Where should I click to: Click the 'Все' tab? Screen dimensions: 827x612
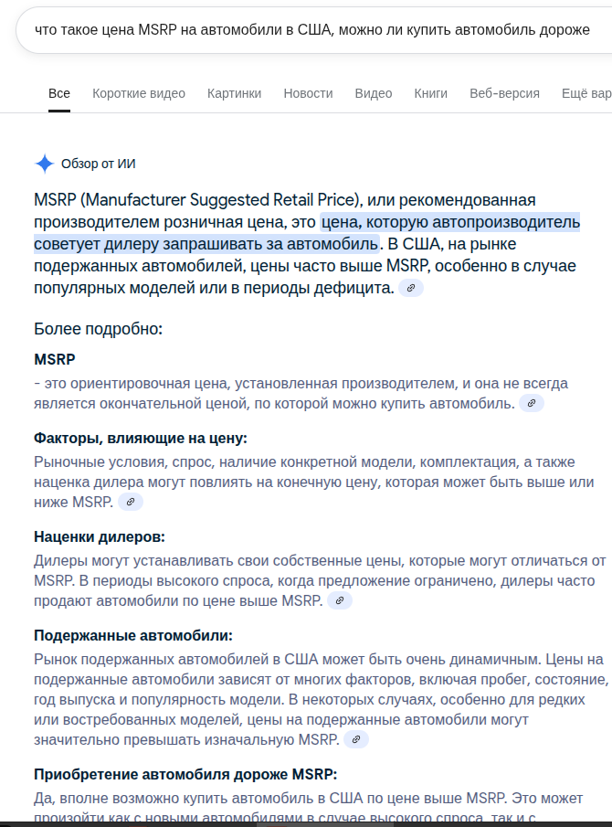[x=59, y=93]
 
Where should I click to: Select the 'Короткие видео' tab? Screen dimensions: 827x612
[x=139, y=93]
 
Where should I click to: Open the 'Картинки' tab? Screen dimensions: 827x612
[x=234, y=93]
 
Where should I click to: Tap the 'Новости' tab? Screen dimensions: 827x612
[x=308, y=93]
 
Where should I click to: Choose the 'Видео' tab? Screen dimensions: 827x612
[x=374, y=93]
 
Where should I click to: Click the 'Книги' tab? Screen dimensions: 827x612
[x=430, y=93]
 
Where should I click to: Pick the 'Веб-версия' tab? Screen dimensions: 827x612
[x=504, y=93]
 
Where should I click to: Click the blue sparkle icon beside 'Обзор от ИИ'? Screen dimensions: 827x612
[x=45, y=164]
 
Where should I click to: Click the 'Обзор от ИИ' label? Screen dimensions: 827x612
[x=99, y=164]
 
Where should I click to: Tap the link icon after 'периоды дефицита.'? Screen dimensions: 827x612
[x=411, y=288]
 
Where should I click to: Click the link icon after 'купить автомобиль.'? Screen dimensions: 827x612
[x=532, y=403]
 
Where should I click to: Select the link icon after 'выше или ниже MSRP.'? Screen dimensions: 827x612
[x=131, y=502]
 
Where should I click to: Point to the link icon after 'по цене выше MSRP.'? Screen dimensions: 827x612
[x=339, y=600]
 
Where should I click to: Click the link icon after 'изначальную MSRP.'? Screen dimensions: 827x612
[x=356, y=739]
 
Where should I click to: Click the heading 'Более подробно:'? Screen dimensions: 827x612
[x=98, y=329]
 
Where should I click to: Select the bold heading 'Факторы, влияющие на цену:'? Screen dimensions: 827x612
[x=141, y=438]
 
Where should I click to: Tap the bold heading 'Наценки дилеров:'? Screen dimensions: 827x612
[x=100, y=536]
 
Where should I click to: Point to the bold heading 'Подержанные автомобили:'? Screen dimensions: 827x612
[x=133, y=635]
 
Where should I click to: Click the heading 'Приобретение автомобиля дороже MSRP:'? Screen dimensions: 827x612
[x=185, y=774]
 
